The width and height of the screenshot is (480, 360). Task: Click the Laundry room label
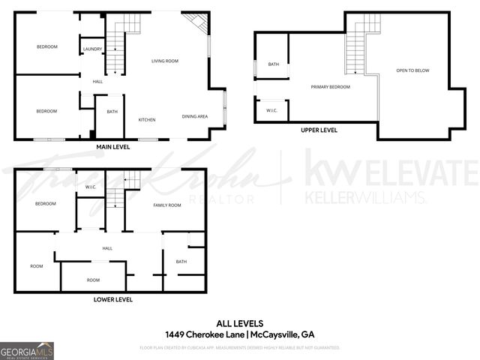92,49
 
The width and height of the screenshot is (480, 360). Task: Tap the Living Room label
163,61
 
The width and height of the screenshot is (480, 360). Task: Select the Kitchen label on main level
146,120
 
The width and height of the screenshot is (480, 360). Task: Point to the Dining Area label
195,116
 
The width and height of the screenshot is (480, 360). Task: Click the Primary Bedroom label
331,87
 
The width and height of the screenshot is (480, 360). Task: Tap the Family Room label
167,205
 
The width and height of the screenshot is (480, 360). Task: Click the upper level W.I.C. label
271,110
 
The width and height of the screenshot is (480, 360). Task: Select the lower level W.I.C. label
91,187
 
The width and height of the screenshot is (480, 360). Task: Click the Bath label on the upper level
274,64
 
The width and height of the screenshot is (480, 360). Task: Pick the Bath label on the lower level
181,262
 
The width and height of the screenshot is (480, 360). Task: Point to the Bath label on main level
112,112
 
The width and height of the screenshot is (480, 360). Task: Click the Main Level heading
113,148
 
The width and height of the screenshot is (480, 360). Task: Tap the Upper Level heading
319,130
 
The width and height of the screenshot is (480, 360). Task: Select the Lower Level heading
113,299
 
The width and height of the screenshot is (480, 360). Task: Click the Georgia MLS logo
27,350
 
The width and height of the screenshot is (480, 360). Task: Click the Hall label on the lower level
107,248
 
